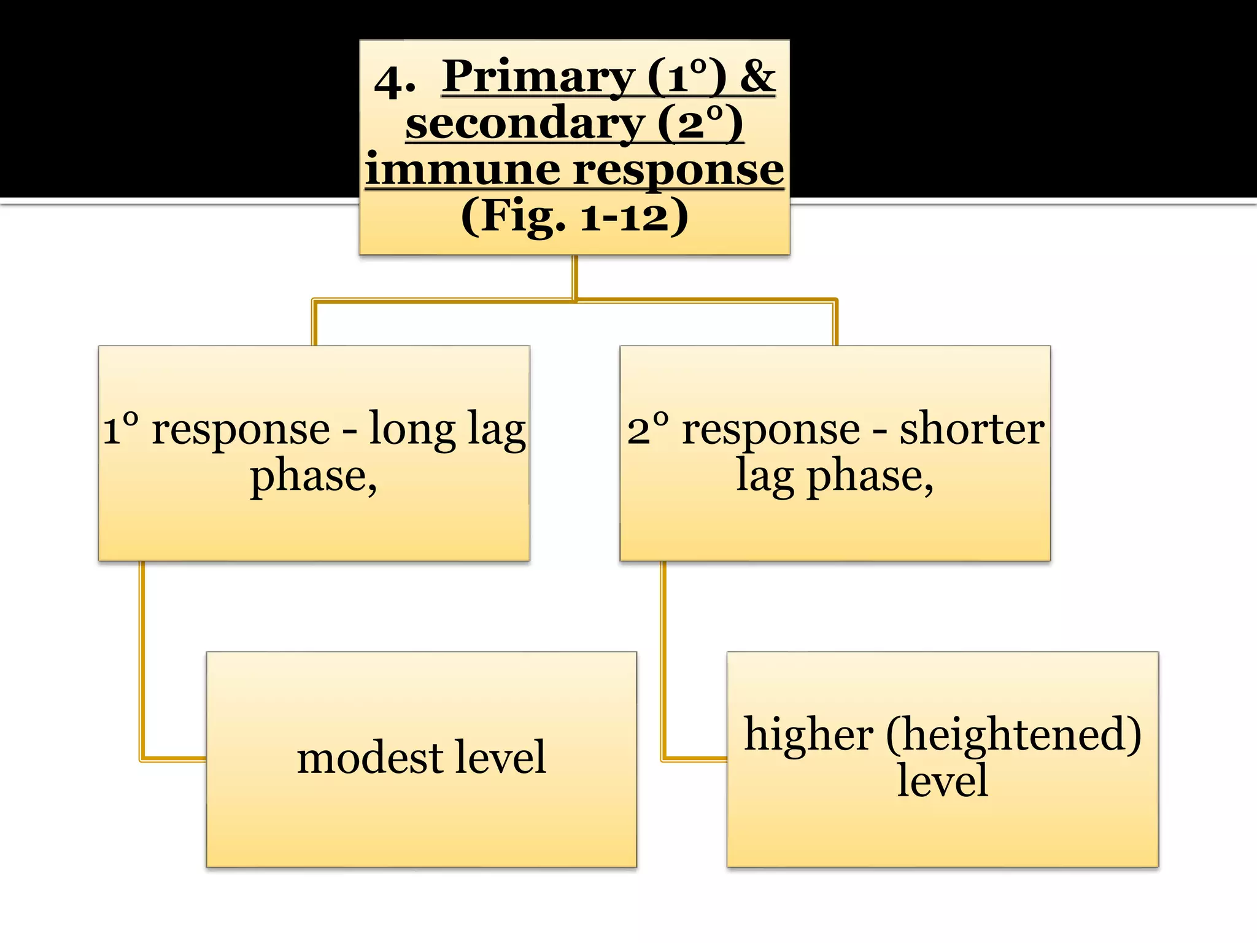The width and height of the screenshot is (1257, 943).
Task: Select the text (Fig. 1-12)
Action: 574,215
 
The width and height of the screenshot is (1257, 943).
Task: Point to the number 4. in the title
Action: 395,81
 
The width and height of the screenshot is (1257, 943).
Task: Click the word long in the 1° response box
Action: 412,430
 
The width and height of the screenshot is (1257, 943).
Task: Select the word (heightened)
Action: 1013,735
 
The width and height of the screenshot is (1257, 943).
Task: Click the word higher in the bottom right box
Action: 808,735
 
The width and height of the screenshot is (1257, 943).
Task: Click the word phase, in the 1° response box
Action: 314,477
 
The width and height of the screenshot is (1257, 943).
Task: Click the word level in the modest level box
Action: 495,757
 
